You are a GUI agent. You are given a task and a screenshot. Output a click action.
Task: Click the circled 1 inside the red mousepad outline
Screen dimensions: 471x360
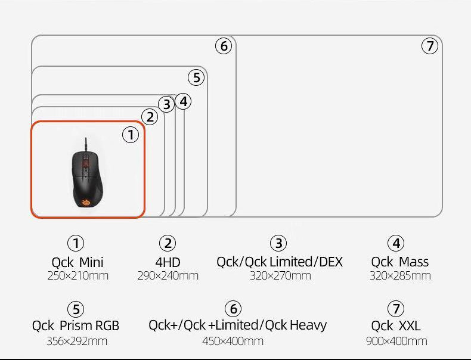[x=131, y=135]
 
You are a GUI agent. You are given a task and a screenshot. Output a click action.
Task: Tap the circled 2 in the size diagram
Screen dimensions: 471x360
[x=150, y=117]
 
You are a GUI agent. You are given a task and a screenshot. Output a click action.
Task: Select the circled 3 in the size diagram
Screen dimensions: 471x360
[x=167, y=104]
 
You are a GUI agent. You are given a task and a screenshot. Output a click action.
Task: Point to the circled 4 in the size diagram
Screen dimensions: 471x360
[x=183, y=101]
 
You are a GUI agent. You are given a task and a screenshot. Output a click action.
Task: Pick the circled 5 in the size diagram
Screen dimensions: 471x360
[x=196, y=77]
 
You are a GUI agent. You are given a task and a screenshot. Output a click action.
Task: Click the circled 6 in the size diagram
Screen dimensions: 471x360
[x=224, y=46]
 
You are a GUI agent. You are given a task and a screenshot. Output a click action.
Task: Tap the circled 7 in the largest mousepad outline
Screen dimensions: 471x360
[x=430, y=46]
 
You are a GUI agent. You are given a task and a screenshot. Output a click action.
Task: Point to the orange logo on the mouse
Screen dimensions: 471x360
[x=86, y=201]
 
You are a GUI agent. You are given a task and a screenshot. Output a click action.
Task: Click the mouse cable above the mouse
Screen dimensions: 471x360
[x=86, y=143]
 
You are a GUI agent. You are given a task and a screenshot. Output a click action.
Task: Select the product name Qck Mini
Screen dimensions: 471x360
[x=78, y=262]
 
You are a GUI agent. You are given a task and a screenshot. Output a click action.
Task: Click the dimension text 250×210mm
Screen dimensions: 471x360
[x=78, y=275]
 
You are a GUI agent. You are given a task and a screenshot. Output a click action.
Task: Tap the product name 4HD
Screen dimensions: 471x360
[x=168, y=262]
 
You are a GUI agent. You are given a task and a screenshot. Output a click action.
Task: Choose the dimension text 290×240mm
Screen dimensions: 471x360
[x=168, y=275]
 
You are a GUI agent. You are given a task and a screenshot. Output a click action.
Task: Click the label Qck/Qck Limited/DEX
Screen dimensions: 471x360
[x=279, y=262]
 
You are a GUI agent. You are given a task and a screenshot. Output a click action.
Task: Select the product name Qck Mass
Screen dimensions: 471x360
[x=399, y=262]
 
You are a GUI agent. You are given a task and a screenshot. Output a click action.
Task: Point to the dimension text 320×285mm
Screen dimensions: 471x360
[x=399, y=275]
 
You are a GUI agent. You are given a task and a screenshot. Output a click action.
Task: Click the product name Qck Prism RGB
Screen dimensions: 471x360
[x=76, y=325]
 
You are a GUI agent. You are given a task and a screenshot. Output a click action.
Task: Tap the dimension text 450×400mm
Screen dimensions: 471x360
[x=233, y=341]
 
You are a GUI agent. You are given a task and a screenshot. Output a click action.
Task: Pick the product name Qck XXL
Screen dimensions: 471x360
[x=396, y=325]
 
